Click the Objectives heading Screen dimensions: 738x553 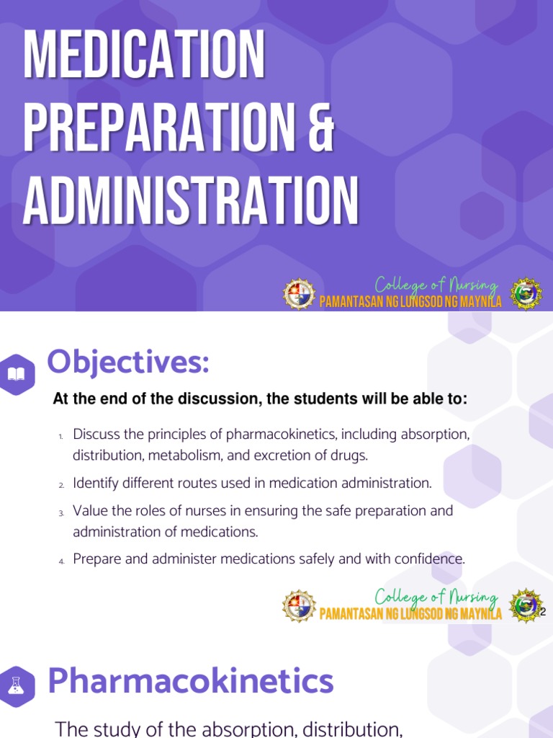pyautogui.click(x=128, y=362)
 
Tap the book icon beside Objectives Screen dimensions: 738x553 pyautogui.click(x=17, y=374)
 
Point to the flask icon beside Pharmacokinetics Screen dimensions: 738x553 pyautogui.click(x=17, y=685)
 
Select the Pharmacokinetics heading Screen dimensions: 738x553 pyautogui.click(x=191, y=681)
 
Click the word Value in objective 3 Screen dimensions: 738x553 pyautogui.click(x=89, y=511)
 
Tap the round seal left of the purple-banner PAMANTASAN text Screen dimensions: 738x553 pyautogui.click(x=299, y=294)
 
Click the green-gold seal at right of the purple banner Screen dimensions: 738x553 pyautogui.click(x=526, y=294)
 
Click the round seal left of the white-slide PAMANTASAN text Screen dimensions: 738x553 pyautogui.click(x=299, y=605)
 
